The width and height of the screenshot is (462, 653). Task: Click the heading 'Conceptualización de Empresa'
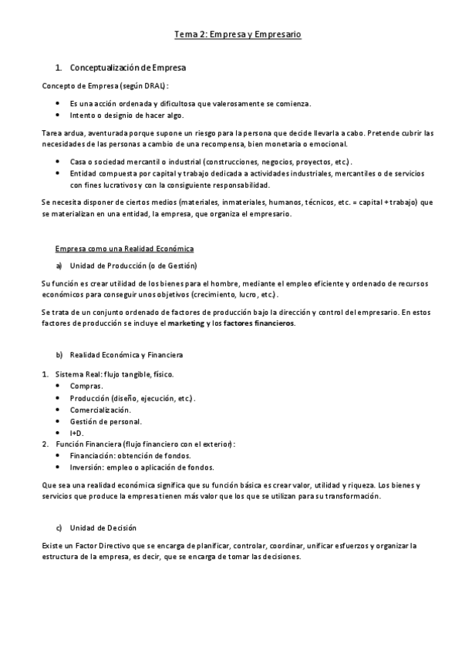127,69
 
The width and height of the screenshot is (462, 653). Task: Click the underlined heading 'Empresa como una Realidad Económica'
124,249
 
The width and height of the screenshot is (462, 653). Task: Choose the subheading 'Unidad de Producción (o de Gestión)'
133,266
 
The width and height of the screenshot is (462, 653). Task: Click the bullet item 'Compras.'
86,385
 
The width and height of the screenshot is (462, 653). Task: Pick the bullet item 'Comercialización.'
99,410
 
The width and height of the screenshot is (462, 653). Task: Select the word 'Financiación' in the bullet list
91,456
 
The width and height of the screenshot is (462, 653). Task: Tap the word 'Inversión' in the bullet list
86,467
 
